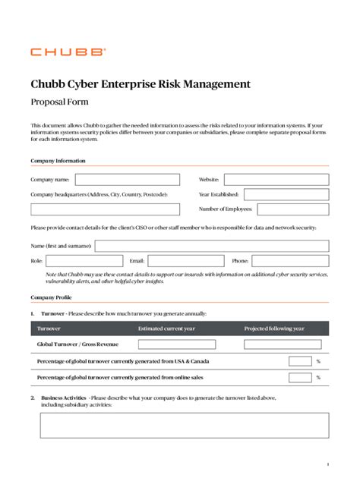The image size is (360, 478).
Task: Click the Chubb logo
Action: (68, 52)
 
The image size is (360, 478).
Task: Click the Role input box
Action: (84, 260)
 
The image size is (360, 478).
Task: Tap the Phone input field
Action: (290, 260)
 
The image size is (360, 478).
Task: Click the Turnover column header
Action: (49, 329)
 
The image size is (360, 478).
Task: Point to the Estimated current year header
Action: (167, 329)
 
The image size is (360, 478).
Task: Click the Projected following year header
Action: (274, 329)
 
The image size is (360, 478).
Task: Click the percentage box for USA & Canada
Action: (300, 361)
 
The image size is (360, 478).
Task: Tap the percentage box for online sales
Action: (300, 377)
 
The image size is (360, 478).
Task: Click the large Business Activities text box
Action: (185, 426)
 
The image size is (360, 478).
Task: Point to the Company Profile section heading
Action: (52, 297)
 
